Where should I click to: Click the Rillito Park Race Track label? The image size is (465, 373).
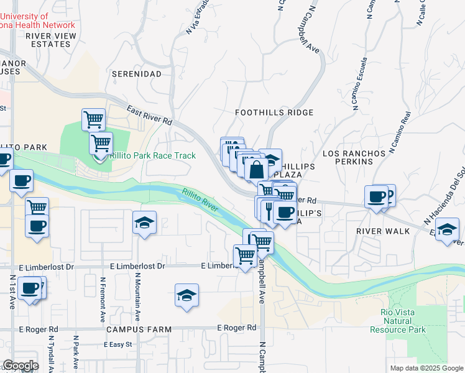152,156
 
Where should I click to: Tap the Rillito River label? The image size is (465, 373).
200,201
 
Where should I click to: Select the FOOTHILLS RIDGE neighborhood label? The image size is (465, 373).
274,113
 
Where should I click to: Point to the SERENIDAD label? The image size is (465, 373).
136,73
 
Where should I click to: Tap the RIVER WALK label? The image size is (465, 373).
383,231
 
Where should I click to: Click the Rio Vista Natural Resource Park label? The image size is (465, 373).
398,321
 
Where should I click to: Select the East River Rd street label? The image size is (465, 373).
149,116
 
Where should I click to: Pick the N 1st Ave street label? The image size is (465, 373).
12,292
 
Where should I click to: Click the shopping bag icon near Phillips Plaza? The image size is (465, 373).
256,169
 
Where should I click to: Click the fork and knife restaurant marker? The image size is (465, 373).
269,208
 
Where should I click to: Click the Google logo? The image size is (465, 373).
21,366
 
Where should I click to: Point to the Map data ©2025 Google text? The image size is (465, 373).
426,368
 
